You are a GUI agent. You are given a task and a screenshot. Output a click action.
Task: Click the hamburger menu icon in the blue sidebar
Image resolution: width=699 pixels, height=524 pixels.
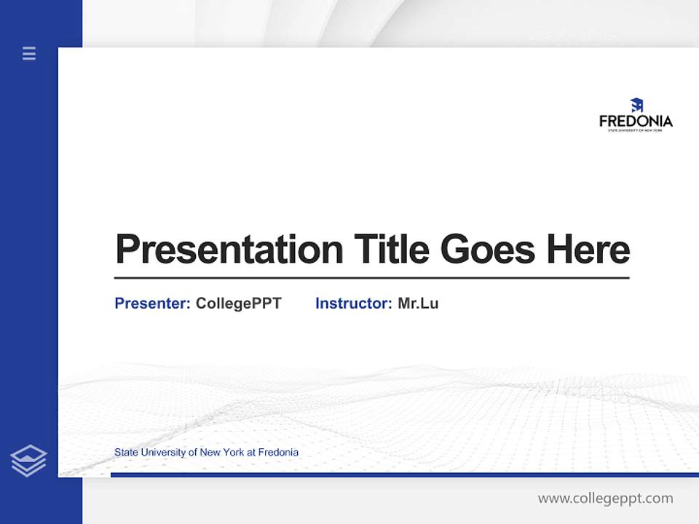(29, 53)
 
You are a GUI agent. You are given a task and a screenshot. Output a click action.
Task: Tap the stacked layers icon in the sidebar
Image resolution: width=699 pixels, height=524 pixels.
(28, 461)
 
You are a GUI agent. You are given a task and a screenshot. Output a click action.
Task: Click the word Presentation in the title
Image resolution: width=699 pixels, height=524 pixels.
(229, 250)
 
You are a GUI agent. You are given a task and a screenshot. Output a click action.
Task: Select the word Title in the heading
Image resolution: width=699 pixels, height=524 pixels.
(392, 250)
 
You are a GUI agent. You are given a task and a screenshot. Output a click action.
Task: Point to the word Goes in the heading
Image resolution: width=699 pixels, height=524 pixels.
(489, 250)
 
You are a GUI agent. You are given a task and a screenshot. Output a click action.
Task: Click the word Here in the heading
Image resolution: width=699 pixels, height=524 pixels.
(588, 250)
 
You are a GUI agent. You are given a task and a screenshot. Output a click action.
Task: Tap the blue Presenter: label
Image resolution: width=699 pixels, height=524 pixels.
(152, 303)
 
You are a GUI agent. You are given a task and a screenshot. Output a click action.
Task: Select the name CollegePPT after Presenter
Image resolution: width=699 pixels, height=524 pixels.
(238, 303)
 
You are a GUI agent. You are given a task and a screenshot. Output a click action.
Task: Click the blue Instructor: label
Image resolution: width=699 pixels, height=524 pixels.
(353, 303)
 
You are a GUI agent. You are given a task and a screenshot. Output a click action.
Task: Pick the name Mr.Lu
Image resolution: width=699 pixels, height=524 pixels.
(418, 303)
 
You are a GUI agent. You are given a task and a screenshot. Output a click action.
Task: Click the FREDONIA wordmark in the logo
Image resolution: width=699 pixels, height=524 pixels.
(636, 122)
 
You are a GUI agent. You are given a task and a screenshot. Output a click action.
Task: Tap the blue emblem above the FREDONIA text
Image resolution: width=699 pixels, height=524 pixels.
(636, 106)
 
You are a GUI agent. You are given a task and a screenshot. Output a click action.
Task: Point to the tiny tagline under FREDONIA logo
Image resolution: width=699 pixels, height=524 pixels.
(636, 130)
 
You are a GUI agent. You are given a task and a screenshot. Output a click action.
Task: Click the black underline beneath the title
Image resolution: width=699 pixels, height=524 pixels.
(371, 277)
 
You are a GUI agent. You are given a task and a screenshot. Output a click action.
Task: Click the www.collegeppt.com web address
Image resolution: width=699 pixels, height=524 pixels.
(605, 499)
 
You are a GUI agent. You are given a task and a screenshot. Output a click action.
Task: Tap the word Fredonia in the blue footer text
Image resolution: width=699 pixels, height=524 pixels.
(278, 452)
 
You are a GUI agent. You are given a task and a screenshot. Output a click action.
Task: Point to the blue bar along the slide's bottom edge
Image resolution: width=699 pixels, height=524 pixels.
(404, 475)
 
